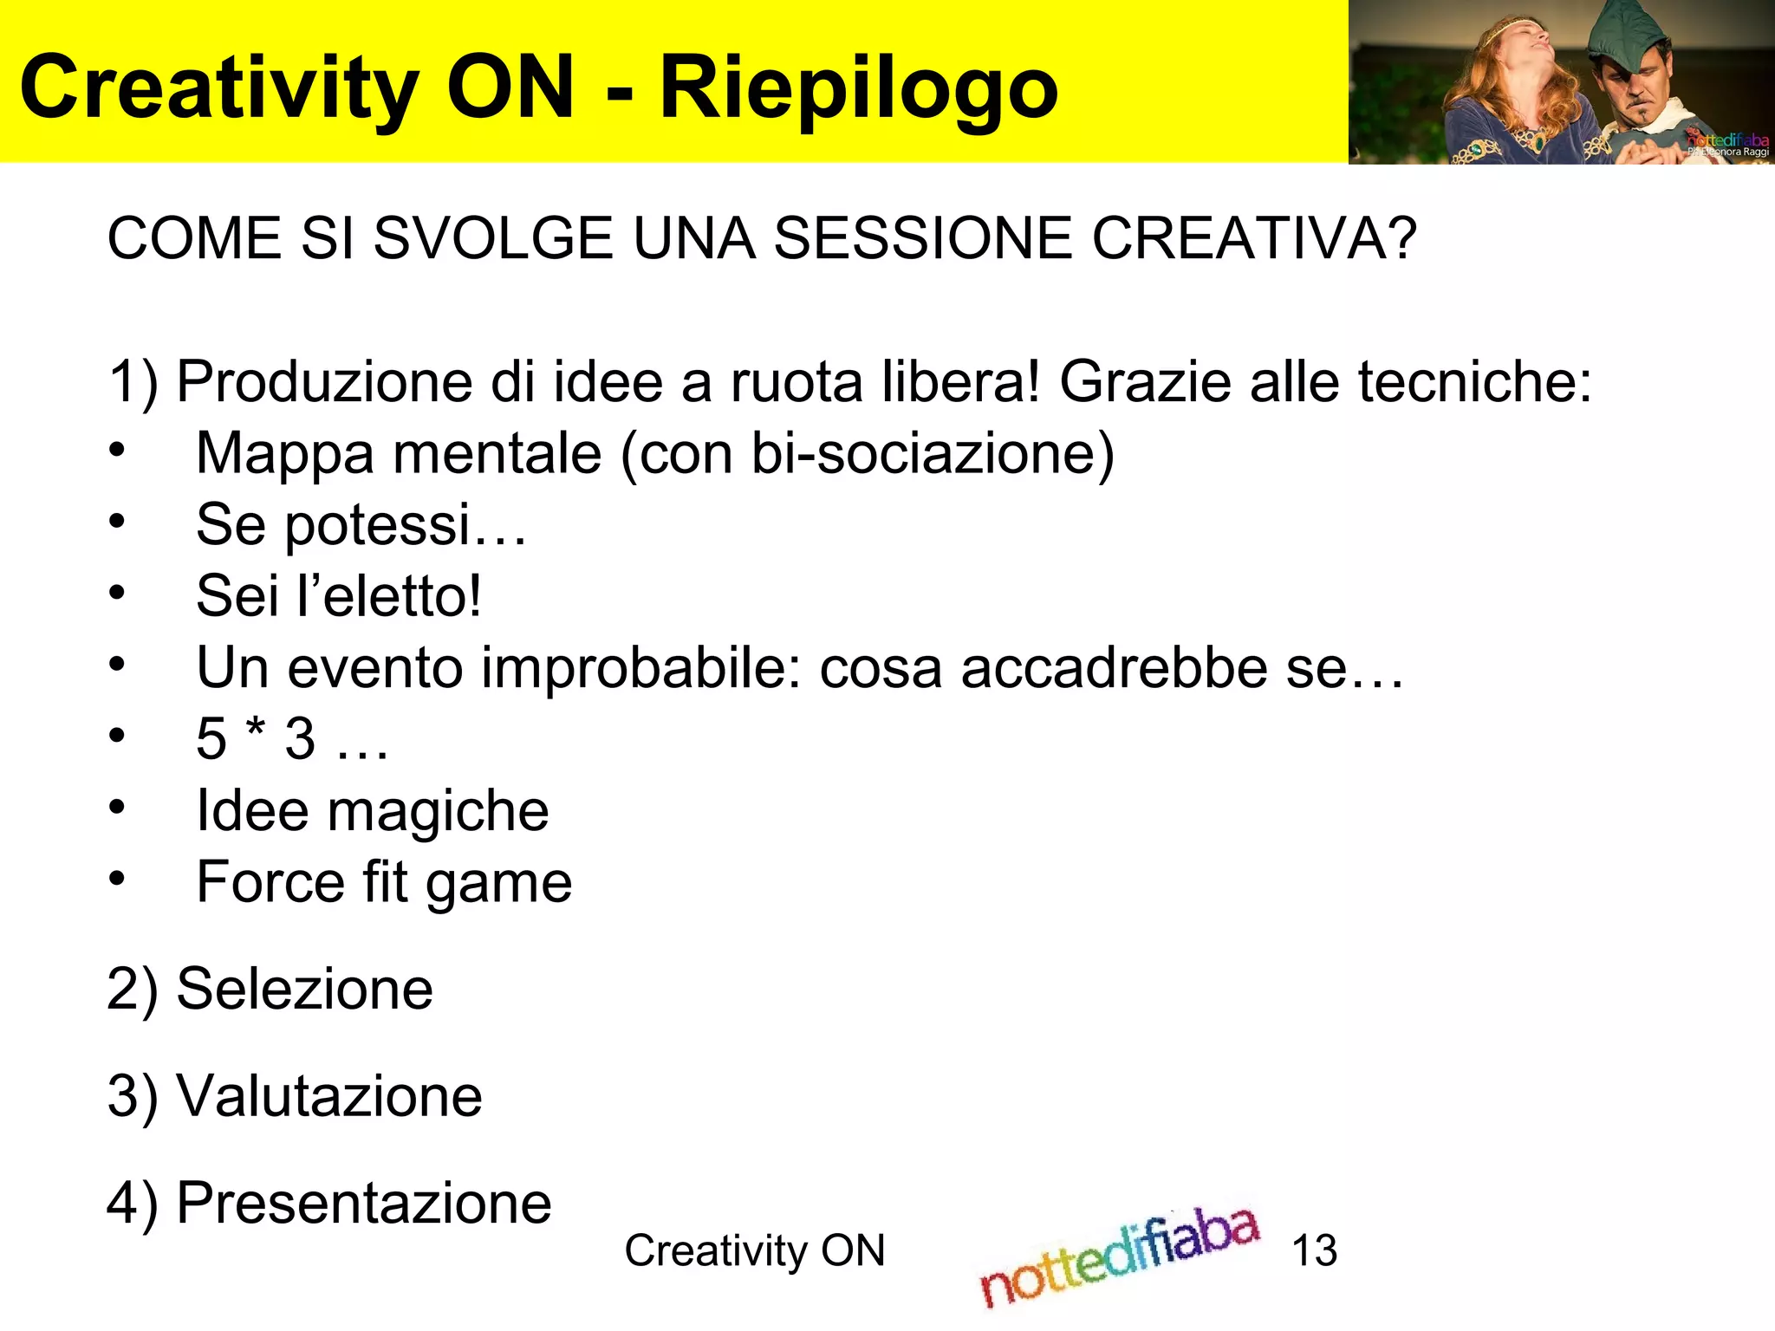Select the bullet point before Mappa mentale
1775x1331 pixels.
(x=117, y=451)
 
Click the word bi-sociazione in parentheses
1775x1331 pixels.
(x=925, y=453)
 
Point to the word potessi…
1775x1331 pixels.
(x=405, y=525)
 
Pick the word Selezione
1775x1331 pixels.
(x=304, y=989)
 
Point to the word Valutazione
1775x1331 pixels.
(x=329, y=1096)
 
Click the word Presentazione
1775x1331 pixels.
(x=364, y=1203)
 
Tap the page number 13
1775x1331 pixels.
(x=1314, y=1250)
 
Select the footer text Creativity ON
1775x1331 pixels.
(x=755, y=1250)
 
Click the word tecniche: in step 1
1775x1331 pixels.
(x=1474, y=382)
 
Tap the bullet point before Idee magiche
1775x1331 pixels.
(x=117, y=808)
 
